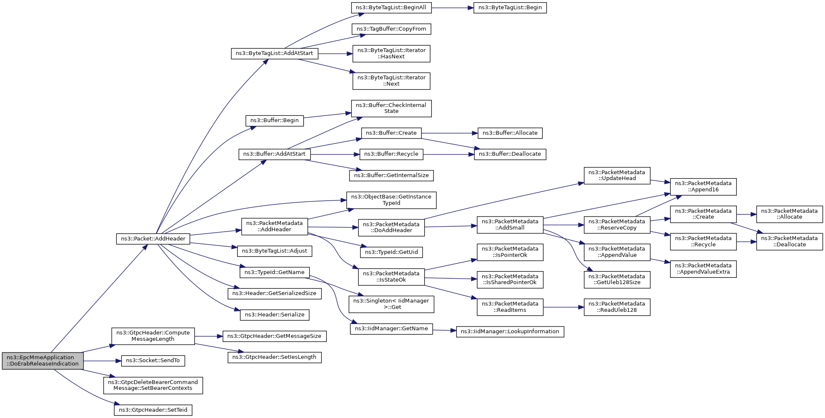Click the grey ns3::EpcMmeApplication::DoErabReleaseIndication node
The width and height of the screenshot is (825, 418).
43,361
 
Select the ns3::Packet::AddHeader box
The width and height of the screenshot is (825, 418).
153,239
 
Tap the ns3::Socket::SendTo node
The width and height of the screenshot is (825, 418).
153,361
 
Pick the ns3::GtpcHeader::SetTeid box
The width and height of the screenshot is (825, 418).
153,410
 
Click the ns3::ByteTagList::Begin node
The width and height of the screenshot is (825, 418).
510,8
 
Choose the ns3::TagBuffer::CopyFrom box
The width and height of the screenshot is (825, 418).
391,29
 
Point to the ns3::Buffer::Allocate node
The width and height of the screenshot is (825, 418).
510,133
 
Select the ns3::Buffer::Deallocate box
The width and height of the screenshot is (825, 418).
510,154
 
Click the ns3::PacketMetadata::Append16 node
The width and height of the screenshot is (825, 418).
703,186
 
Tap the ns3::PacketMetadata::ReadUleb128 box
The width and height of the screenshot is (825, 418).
617,307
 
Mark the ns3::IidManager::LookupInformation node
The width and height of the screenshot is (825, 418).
510,332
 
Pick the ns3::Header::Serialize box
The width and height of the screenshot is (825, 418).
275,315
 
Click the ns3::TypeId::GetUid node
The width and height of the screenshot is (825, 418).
391,252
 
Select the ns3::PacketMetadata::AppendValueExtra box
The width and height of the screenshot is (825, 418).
703,269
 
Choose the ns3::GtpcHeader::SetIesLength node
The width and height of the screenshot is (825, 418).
275,357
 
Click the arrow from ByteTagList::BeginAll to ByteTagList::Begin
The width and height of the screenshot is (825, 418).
452,8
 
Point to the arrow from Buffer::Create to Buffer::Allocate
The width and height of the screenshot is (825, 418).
449,133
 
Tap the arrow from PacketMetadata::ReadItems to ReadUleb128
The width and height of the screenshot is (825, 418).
563,307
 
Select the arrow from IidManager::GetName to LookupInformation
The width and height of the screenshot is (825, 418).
444,331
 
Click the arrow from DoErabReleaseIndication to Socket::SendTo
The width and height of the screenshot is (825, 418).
102,361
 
